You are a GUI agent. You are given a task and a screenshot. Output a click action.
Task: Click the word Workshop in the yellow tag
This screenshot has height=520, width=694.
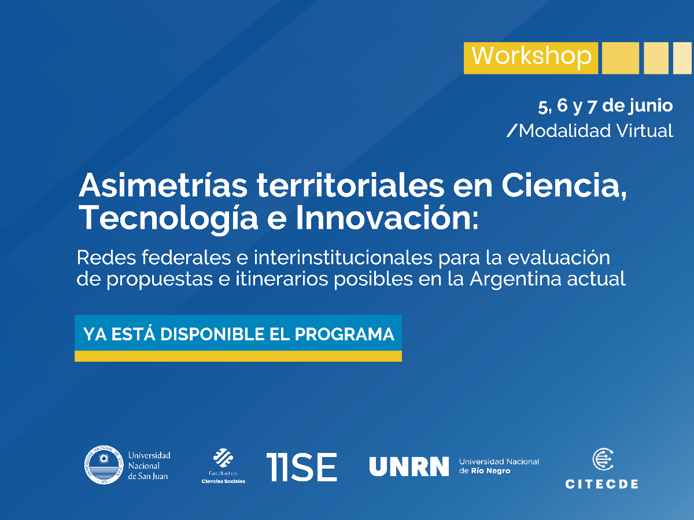(x=531, y=57)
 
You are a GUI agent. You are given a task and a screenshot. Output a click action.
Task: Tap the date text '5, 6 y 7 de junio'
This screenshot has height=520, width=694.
(x=605, y=106)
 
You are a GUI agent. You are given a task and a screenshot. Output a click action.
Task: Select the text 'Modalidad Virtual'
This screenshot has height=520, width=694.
(x=596, y=131)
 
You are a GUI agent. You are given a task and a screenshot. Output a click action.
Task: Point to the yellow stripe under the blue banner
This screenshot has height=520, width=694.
(x=238, y=356)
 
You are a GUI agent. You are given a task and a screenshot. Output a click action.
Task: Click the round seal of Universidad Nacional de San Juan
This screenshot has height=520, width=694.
(x=104, y=465)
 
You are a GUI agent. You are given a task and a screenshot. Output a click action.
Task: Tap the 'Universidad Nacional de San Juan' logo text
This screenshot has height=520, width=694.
(x=149, y=466)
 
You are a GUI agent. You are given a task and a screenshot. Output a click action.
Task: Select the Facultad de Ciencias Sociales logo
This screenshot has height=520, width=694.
(x=223, y=466)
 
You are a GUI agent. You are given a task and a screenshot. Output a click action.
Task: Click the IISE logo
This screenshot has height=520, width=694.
(x=301, y=467)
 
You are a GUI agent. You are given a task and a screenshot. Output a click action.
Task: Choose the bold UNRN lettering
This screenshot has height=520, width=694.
(x=409, y=466)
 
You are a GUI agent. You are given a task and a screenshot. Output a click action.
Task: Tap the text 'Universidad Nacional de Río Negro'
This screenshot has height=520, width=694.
(x=499, y=466)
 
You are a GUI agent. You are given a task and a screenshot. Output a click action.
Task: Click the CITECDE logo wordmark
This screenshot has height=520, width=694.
(x=601, y=484)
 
